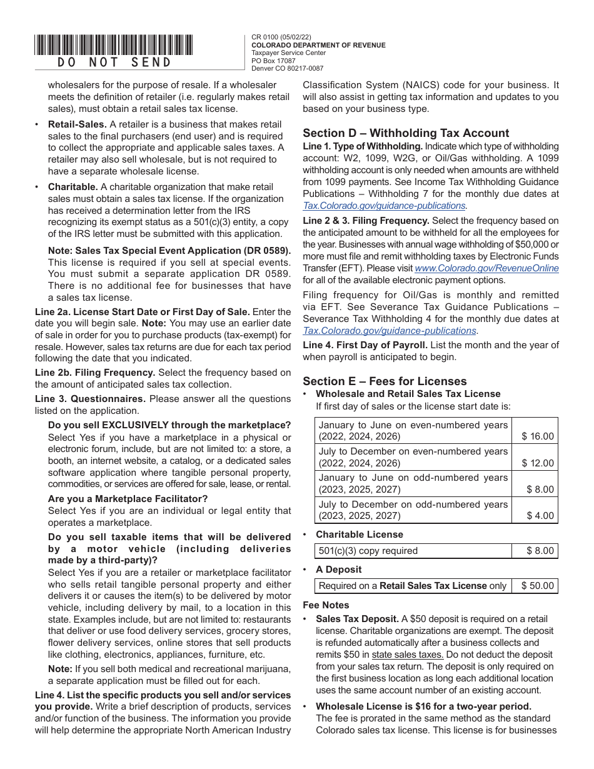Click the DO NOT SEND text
point(114,62)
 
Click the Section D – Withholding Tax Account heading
point(406,133)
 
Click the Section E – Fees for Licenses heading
point(385,381)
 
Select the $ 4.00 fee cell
point(540,516)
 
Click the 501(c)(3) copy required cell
point(368,551)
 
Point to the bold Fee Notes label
point(326,605)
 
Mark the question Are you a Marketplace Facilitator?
point(128,498)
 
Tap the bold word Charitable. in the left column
point(73,186)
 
